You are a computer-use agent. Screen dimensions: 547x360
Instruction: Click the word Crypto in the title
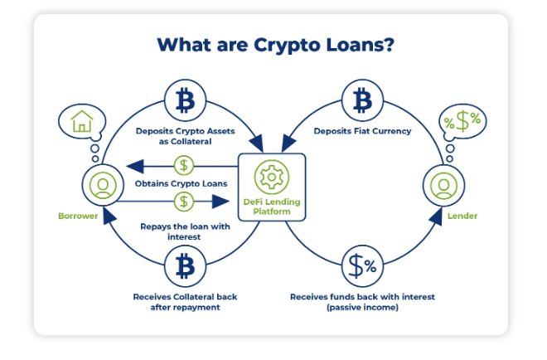[x=286, y=46]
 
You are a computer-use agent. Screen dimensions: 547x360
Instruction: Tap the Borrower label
[x=78, y=216]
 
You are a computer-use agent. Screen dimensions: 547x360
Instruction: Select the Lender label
[x=462, y=216]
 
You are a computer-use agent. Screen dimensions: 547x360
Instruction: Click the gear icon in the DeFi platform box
[x=271, y=177]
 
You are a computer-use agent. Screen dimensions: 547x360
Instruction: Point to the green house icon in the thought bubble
[x=82, y=121]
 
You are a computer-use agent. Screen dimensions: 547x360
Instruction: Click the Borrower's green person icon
[x=103, y=185]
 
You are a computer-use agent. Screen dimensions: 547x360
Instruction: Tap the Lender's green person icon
[x=443, y=185]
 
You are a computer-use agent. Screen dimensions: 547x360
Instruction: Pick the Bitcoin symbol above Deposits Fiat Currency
[x=362, y=100]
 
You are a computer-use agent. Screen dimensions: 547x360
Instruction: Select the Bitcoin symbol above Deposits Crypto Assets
[x=185, y=100]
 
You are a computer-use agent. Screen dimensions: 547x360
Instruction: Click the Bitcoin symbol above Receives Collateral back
[x=185, y=266]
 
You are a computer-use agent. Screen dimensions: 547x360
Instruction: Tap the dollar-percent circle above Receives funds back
[x=362, y=266]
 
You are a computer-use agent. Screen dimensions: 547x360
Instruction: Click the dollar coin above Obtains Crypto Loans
[x=184, y=165]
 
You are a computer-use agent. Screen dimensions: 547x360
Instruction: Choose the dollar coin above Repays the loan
[x=184, y=202]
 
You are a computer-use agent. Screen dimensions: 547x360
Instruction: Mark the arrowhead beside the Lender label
[x=436, y=216]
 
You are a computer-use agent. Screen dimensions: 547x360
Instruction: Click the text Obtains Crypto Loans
[x=181, y=183]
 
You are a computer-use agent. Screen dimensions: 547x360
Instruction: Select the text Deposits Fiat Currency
[x=362, y=131]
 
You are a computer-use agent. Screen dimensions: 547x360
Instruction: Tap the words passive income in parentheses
[x=362, y=307]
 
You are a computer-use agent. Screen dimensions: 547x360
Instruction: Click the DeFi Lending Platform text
[x=272, y=207]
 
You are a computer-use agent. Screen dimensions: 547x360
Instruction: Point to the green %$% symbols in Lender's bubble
[x=462, y=121]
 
